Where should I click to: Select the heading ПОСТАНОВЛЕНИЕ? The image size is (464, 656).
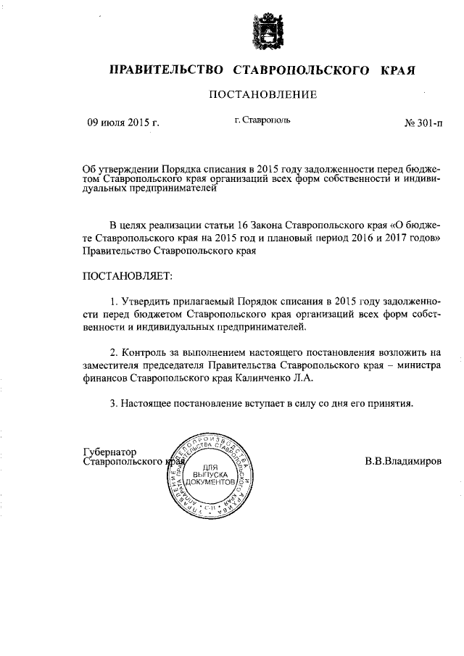point(263,94)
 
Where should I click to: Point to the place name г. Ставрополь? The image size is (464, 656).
point(262,120)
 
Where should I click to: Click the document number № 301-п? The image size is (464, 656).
point(423,123)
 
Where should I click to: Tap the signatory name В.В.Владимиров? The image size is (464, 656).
point(402,460)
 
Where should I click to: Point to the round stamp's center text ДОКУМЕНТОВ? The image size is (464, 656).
point(210,481)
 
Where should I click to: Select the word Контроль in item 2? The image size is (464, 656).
point(143,352)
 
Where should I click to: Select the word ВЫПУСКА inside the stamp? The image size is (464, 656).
point(210,473)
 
